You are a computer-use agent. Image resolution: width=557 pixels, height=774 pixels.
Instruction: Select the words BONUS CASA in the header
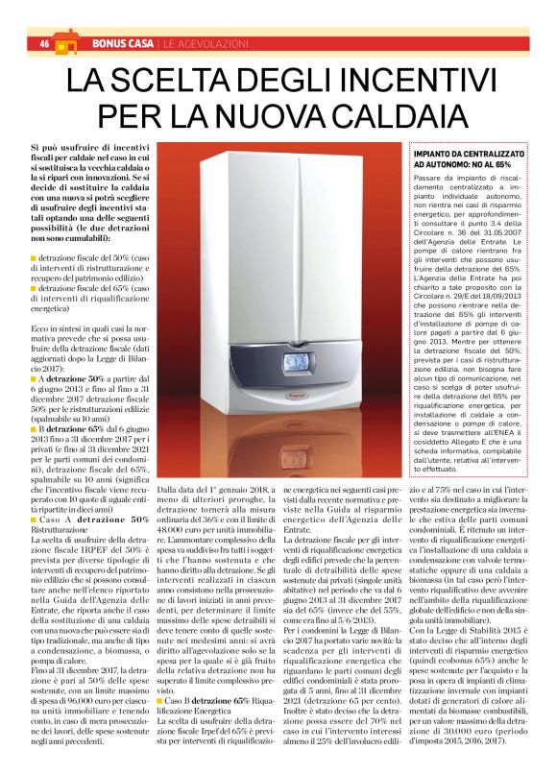121,44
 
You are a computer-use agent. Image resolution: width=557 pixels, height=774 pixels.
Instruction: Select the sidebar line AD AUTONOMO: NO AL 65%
461,165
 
